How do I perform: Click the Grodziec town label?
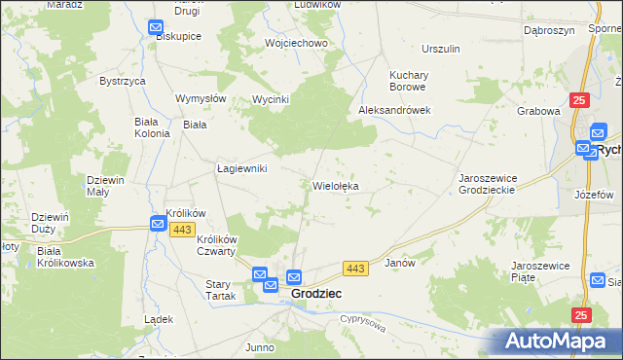click(x=315, y=293)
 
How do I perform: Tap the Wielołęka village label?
click(x=338, y=185)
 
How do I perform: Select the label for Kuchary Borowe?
click(x=417, y=81)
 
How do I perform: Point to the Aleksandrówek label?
click(x=394, y=110)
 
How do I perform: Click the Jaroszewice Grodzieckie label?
click(x=501, y=184)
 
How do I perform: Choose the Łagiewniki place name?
click(x=241, y=168)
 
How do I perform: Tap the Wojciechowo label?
click(x=296, y=44)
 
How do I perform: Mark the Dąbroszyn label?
click(x=546, y=30)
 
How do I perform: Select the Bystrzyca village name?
click(x=123, y=81)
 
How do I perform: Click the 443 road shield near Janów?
click(x=355, y=268)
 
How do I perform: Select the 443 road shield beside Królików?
click(x=181, y=229)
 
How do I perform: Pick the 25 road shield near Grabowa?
click(x=580, y=100)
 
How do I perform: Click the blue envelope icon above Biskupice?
click(x=156, y=28)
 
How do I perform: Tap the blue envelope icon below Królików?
click(x=159, y=224)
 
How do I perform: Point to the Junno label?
click(x=260, y=347)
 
